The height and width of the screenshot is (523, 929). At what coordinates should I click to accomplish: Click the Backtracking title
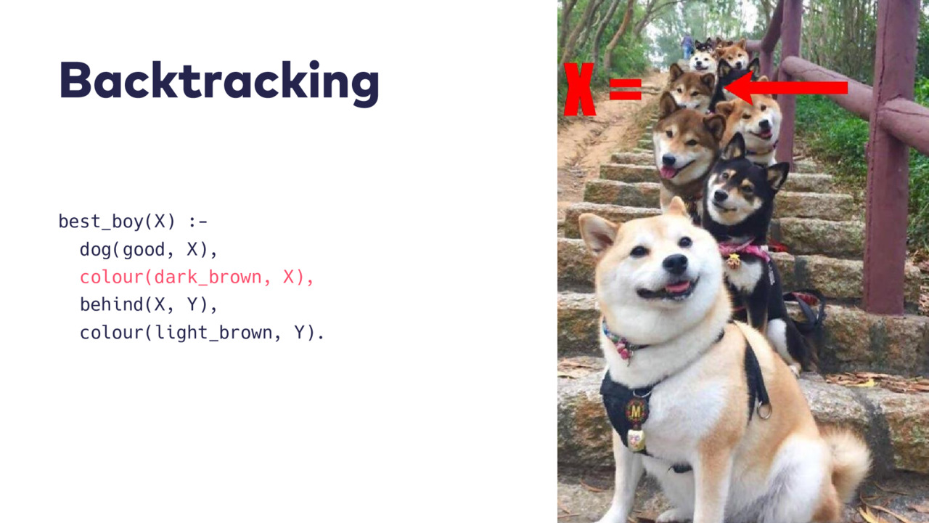pyautogui.click(x=219, y=82)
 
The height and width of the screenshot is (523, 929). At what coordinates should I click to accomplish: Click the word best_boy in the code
pyautogui.click(x=101, y=222)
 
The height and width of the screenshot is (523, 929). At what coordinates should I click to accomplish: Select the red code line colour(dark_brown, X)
pyautogui.click(x=197, y=277)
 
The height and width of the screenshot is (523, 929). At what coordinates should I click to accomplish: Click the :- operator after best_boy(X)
pyautogui.click(x=198, y=222)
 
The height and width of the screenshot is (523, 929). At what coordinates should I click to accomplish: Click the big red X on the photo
pyautogui.click(x=579, y=89)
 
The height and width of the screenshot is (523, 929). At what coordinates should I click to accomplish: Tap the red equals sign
pyautogui.click(x=626, y=89)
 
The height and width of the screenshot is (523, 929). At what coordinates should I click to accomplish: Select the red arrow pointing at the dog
pyautogui.click(x=786, y=88)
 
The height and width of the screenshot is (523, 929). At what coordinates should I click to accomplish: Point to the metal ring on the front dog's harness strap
pyautogui.click(x=764, y=410)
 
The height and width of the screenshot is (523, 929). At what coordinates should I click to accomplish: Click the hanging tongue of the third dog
pyautogui.click(x=668, y=171)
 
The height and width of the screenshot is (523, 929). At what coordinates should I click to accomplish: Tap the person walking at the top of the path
pyautogui.click(x=687, y=46)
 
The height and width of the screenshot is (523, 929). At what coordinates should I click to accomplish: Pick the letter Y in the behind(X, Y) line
pyautogui.click(x=192, y=304)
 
